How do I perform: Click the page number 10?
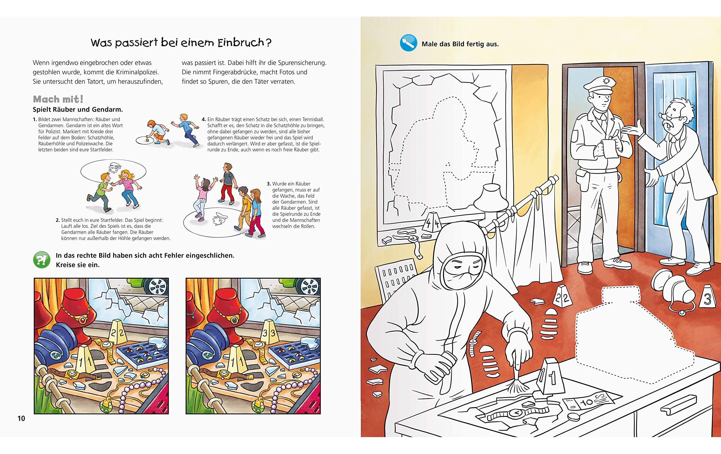point(21,418)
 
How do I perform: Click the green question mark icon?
point(42,260)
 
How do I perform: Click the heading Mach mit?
point(58,99)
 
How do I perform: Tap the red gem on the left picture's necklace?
point(81,320)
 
